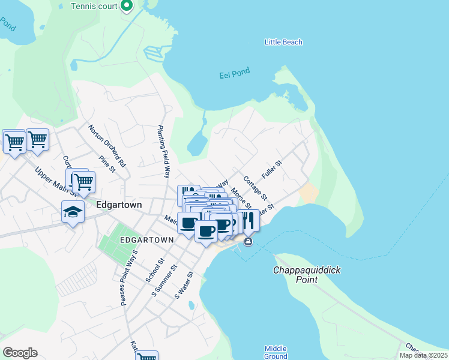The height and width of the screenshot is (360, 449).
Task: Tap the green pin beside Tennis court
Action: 127,6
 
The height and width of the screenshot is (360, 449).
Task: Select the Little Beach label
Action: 283,42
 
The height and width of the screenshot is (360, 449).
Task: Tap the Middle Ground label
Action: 276,352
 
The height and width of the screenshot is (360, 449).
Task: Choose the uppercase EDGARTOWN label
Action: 146,239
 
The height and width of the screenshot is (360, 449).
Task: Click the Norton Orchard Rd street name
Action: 107,146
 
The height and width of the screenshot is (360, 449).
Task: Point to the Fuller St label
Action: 272,169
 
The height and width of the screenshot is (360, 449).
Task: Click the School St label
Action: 155,271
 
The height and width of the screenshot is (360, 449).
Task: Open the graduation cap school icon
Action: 73,212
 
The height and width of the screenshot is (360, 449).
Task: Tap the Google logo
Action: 20,353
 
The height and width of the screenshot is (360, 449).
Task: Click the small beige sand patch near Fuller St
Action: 309,194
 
